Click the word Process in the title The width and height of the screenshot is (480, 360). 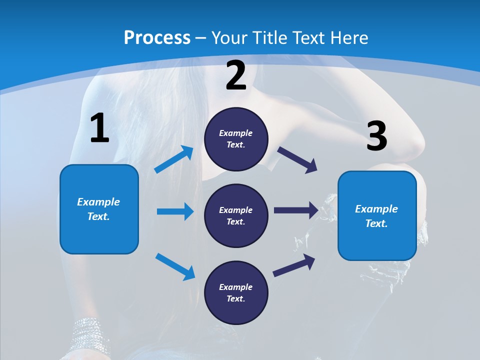(x=157, y=38)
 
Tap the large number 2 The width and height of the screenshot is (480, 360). (x=236, y=76)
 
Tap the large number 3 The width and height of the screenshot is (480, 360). (x=376, y=137)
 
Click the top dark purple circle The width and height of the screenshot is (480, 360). (x=236, y=139)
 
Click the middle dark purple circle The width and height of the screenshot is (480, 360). (x=236, y=215)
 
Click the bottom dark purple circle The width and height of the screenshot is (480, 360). (x=236, y=292)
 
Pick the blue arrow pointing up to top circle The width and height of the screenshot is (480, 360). (x=174, y=159)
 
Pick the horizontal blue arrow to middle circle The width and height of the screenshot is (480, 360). (x=175, y=211)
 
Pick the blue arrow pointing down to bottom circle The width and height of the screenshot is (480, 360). (x=175, y=266)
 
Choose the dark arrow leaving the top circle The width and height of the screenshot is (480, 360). (x=297, y=159)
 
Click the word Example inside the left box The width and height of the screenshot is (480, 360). (x=98, y=202)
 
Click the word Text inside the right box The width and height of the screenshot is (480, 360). (x=376, y=223)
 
